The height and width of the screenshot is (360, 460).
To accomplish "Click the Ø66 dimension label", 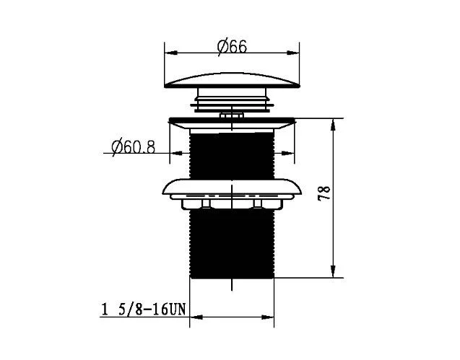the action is pyautogui.click(x=232, y=47).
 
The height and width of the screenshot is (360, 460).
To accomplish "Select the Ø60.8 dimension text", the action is pyautogui.click(x=133, y=147).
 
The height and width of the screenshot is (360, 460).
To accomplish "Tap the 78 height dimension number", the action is pyautogui.click(x=324, y=193).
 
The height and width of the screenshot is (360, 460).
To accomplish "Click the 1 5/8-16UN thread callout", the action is pyautogui.click(x=144, y=309).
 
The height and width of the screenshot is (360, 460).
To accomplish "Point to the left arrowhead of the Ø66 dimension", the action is pyautogui.click(x=171, y=53).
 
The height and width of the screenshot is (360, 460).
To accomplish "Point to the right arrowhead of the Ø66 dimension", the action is pyautogui.click(x=292, y=53).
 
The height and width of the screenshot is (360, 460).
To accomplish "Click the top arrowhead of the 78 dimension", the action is pyautogui.click(x=333, y=126).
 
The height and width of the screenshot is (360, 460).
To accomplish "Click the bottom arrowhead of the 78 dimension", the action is pyautogui.click(x=333, y=271).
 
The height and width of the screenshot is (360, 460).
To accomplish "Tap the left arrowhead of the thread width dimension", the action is pyautogui.click(x=196, y=317).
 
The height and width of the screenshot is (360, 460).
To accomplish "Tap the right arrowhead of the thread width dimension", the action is pyautogui.click(x=267, y=317).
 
